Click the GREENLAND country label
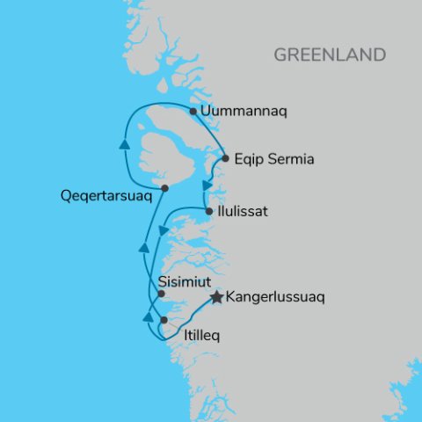click(x=330, y=55)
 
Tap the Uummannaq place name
click(x=244, y=112)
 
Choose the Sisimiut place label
click(x=186, y=282)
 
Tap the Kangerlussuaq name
click(x=275, y=298)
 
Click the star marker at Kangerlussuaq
click(x=216, y=298)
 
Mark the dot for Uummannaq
click(x=193, y=112)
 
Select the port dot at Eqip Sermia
click(x=226, y=159)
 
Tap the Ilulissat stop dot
click(x=208, y=212)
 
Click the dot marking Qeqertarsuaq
click(x=164, y=188)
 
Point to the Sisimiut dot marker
click(x=161, y=295)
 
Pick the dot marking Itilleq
click(x=164, y=321)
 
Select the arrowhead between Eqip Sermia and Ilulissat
click(x=207, y=186)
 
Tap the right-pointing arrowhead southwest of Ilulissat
click(x=164, y=230)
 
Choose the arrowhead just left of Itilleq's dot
click(x=148, y=316)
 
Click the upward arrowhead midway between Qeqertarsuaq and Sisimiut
click(x=143, y=250)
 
